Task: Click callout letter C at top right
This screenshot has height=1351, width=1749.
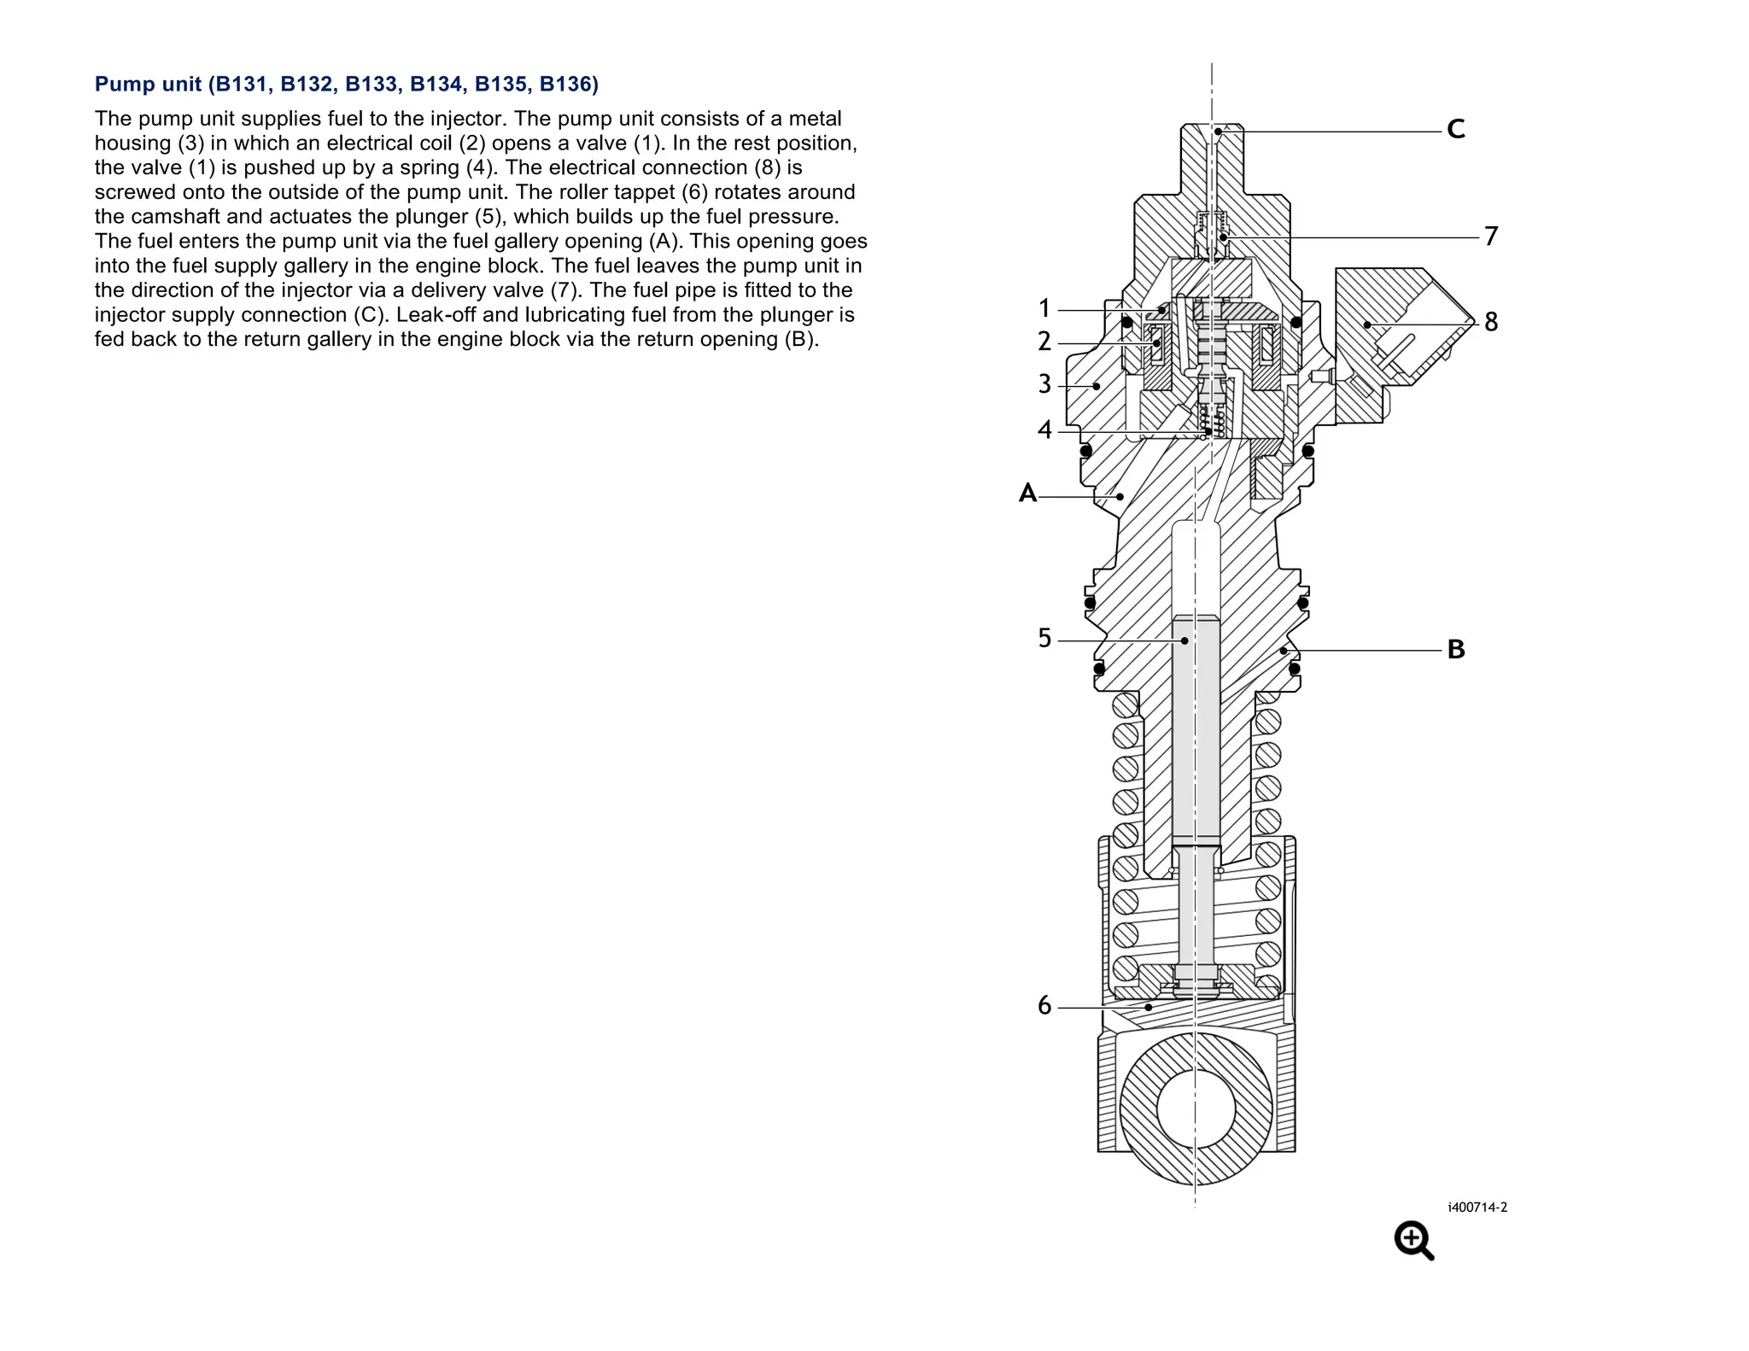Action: click(1456, 130)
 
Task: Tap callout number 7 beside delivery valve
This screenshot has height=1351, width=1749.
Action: click(1491, 236)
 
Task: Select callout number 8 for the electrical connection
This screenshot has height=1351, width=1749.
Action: click(1491, 322)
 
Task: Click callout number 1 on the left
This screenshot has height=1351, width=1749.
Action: click(1044, 308)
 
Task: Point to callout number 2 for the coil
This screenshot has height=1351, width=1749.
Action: click(1044, 342)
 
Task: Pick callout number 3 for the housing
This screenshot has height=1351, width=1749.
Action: click(1044, 384)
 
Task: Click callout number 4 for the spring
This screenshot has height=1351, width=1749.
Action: click(1044, 430)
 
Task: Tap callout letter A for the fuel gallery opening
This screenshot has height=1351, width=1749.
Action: click(1027, 494)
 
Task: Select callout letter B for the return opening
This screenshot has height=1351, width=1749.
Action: click(1456, 650)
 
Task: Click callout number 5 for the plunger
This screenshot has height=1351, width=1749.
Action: click(1044, 639)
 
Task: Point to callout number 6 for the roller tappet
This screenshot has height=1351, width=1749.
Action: click(1044, 1006)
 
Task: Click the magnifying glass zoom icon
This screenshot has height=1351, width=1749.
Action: click(1413, 1240)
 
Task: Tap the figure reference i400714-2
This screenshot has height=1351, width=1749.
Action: click(1477, 1208)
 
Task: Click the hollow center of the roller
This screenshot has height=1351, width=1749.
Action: click(1196, 1108)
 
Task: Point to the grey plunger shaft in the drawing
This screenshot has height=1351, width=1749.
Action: click(1196, 734)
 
